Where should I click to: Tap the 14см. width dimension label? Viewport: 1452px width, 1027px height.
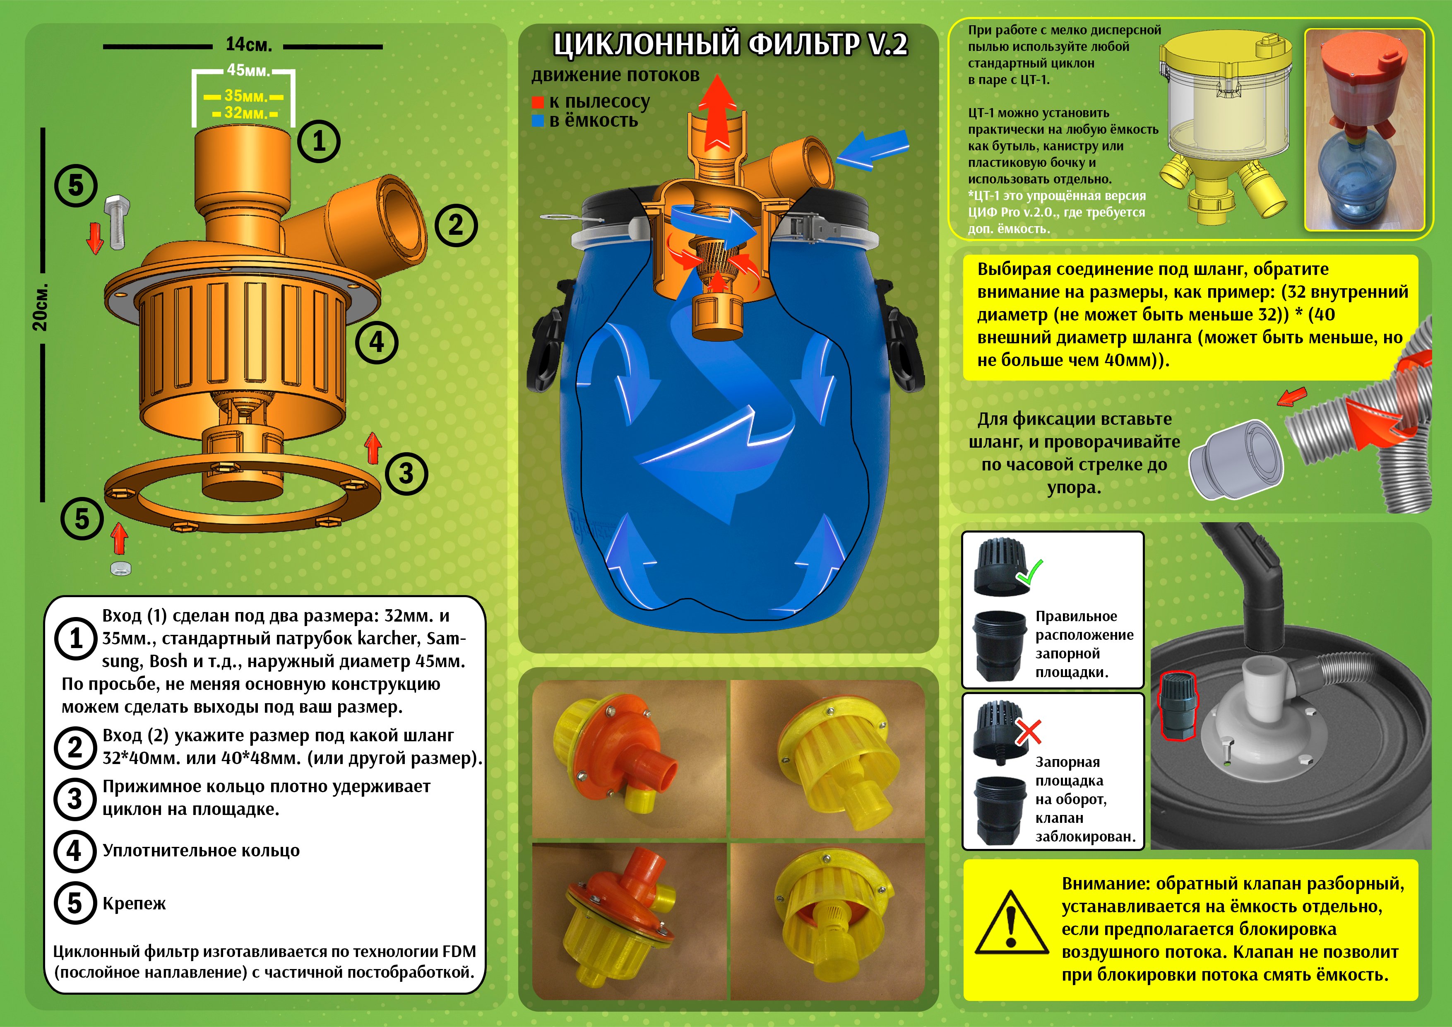pos(248,45)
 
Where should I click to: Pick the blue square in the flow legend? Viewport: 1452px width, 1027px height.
pos(538,121)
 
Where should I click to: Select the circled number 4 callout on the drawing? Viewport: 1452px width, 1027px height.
pos(377,342)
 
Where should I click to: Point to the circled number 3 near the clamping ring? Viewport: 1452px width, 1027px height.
pos(406,474)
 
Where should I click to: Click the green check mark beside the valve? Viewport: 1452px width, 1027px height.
pos(1028,573)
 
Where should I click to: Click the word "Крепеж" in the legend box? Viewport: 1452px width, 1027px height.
pos(134,904)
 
